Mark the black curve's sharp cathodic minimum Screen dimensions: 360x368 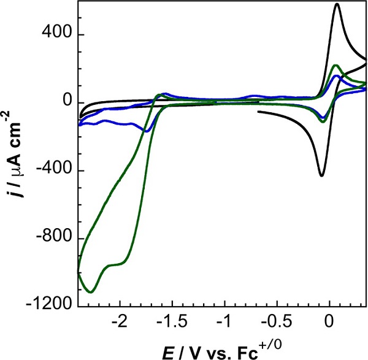(321, 176)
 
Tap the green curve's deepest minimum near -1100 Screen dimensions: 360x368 (91, 292)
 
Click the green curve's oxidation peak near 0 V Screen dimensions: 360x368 (335, 65)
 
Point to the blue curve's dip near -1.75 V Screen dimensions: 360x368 (146, 130)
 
